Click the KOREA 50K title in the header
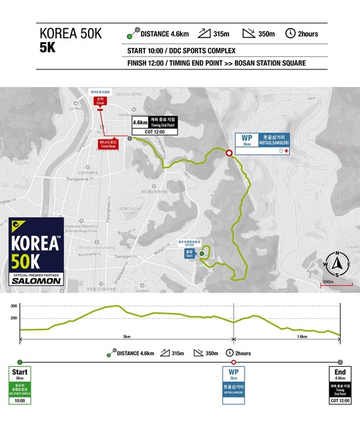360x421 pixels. coord(71,34)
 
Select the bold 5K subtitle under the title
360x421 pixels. coord(48,49)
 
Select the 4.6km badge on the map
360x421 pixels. coord(140,123)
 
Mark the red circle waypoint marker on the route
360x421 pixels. coord(228,153)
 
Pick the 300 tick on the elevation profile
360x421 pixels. coord(13,305)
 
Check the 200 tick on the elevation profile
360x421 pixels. coord(13,318)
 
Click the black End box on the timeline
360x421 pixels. coord(340,385)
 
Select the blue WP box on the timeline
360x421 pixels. coord(232,385)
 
